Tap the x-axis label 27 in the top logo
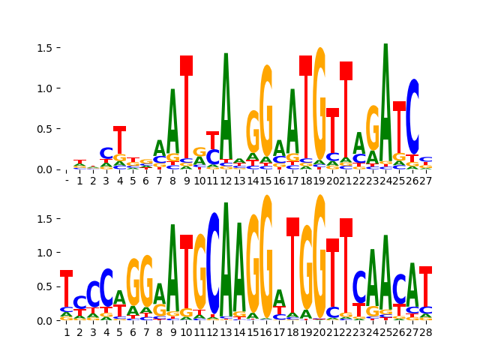425,181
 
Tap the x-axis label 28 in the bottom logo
425,331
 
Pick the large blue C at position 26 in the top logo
412,116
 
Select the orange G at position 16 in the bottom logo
266,255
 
